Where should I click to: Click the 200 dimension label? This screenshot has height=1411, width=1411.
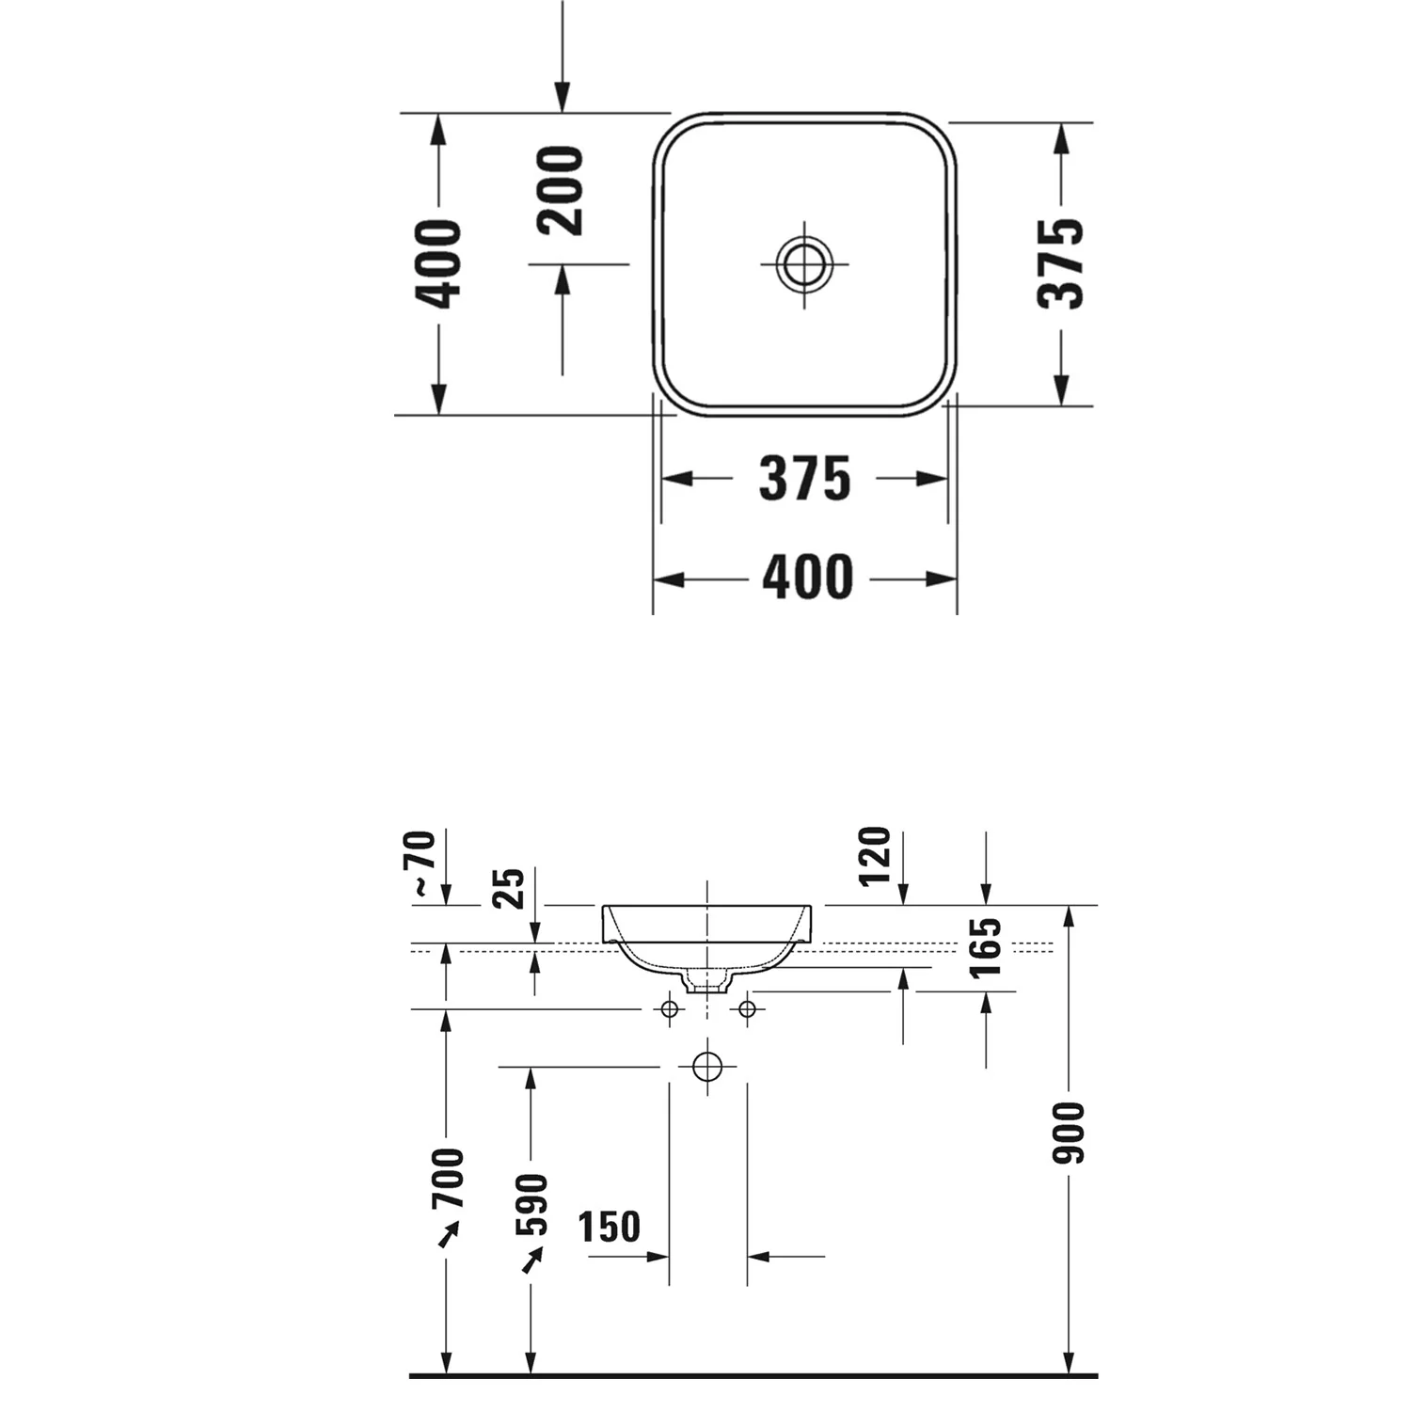click(561, 190)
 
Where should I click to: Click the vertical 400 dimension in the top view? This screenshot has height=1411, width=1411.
click(438, 263)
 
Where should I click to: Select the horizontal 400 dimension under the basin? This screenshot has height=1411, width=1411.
click(807, 578)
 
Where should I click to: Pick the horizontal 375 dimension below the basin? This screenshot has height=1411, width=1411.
click(804, 479)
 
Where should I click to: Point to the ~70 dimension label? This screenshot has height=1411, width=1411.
click(422, 862)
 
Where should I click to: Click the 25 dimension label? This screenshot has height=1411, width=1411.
click(509, 888)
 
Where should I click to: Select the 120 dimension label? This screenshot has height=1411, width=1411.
click(874, 856)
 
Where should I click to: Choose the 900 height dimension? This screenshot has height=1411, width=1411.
click(1069, 1133)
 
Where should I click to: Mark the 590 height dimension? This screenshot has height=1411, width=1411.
click(531, 1204)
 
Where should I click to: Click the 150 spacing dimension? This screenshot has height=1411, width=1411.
click(610, 1227)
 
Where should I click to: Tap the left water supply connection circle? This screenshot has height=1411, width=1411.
click(670, 1009)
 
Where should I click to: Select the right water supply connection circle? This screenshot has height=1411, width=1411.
click(747, 1009)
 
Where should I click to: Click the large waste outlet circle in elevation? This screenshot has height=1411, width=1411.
click(707, 1067)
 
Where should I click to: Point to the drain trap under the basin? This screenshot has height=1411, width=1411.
click(707, 981)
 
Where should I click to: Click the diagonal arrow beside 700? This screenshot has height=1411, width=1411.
click(448, 1234)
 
